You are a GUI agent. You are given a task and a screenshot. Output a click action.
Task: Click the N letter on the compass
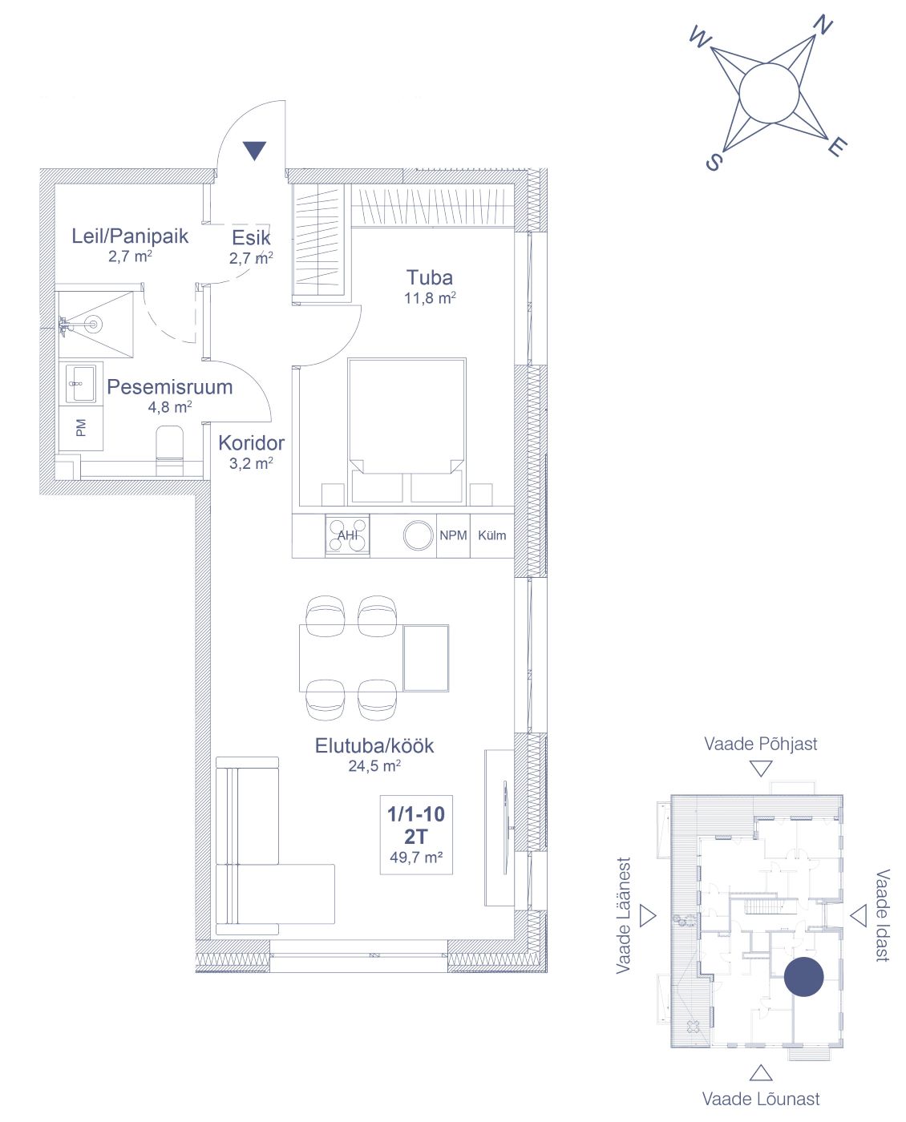pos(823,24)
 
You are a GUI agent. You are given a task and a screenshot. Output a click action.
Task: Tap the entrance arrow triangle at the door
pos(255,151)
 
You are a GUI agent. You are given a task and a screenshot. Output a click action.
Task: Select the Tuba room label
pos(429,277)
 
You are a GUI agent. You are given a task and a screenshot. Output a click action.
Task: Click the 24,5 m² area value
pos(374,766)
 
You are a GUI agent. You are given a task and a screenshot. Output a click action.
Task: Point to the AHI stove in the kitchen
pos(347,535)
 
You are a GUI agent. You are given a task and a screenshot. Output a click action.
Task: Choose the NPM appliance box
pos(453,535)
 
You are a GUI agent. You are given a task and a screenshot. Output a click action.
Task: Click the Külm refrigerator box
pos(491,535)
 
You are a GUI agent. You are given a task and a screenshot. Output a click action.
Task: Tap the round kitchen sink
pos(418,535)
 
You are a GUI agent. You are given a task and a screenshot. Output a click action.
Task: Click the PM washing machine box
pos(81,428)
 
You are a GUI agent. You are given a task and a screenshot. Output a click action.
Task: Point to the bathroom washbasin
pos(81,383)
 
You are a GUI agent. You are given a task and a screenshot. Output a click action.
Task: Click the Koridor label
pos(252,443)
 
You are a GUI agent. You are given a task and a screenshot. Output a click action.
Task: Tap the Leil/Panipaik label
pos(130,236)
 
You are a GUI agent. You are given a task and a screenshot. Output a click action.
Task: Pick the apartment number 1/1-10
pos(416,813)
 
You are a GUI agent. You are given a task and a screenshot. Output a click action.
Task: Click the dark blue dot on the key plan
pos(803,977)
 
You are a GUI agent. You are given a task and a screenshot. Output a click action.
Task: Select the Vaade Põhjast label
pos(761,744)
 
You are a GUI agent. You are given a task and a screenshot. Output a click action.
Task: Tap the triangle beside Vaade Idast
pos(859,915)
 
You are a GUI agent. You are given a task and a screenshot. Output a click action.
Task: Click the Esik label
pos(251,238)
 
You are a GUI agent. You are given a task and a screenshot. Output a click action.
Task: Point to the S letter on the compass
pos(713,162)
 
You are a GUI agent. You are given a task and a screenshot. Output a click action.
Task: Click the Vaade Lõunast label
pos(761,1099)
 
